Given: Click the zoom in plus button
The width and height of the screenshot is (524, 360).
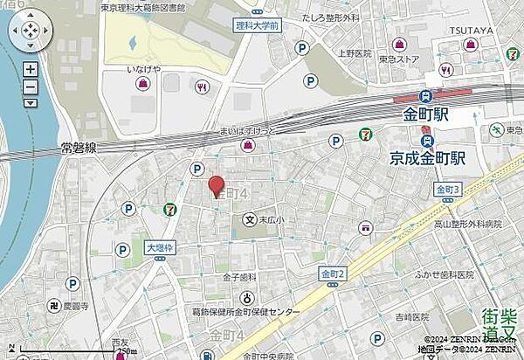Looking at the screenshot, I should click(31, 68).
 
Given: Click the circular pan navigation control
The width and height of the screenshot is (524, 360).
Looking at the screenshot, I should click(30, 33).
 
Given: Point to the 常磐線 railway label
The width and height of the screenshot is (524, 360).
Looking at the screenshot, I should click(79, 150).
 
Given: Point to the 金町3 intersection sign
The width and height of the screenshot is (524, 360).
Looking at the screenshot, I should click(447, 190).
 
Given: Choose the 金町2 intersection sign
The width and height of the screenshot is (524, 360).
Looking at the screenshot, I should click(333, 273).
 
